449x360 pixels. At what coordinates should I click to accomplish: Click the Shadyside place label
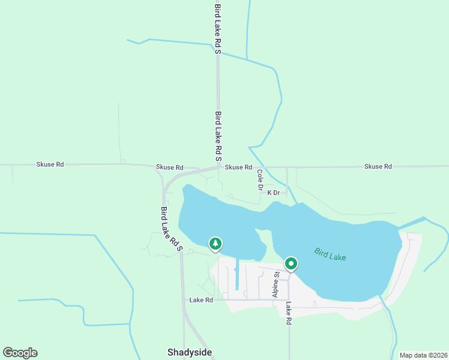tap(189, 352)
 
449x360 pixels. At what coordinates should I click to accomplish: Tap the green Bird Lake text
tap(330, 254)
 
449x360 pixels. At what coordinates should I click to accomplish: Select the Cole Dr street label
tap(260, 180)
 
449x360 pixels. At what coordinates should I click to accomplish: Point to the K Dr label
tap(274, 193)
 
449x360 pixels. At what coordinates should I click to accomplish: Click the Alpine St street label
tap(276, 284)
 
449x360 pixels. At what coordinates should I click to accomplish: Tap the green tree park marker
tap(215, 244)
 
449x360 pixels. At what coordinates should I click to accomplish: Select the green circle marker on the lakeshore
tap(291, 263)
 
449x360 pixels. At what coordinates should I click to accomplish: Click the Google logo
tap(20, 353)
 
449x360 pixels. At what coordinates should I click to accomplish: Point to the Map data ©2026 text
tap(423, 355)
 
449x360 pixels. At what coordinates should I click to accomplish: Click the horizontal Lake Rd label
tap(201, 300)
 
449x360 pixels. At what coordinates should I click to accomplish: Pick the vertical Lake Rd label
tap(288, 313)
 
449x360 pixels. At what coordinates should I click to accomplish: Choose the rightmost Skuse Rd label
tap(378, 166)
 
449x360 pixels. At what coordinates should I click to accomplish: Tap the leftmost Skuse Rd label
tap(50, 164)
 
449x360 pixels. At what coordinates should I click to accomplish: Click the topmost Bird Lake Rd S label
tap(218, 27)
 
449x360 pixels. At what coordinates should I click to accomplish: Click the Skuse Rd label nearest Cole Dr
tap(238, 167)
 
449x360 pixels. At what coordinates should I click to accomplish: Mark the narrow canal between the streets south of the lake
tap(237, 275)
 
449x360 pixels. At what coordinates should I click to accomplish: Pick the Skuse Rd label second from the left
tap(169, 167)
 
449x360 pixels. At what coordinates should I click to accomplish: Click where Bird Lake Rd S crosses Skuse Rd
tap(218, 167)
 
